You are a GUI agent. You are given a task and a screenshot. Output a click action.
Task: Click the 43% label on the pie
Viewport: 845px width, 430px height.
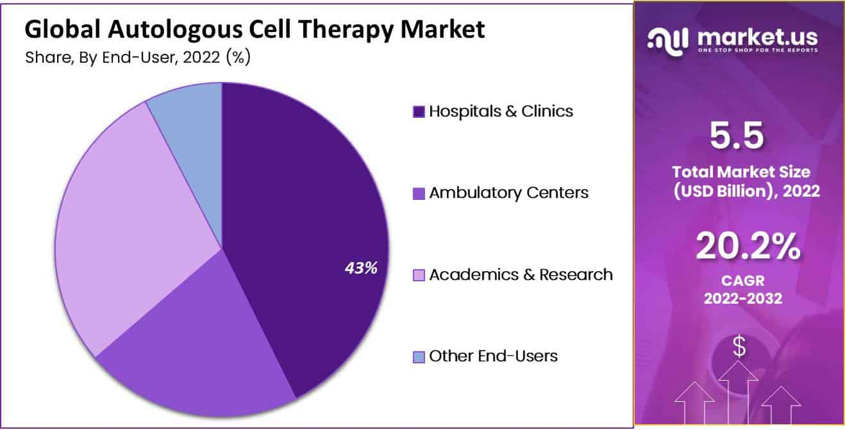point(361,268)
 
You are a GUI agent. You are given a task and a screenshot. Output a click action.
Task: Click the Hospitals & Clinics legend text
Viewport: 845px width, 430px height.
point(501,112)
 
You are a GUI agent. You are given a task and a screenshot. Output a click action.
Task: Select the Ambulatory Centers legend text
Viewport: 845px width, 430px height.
point(509,193)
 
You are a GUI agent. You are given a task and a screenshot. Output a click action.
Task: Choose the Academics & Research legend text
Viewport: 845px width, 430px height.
point(521,274)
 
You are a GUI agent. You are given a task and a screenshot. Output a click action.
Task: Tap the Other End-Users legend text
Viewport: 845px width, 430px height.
point(494,356)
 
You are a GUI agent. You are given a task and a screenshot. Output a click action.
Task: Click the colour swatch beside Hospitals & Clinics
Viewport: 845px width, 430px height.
point(419,112)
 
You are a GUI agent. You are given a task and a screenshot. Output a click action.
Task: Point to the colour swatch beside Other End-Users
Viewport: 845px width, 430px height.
point(419,357)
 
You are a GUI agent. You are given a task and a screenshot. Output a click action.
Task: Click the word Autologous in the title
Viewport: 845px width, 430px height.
point(175,29)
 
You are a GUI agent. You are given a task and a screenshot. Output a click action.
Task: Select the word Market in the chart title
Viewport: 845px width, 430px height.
point(442,29)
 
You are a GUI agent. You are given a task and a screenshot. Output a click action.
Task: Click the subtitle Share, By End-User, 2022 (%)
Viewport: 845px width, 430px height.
point(138,58)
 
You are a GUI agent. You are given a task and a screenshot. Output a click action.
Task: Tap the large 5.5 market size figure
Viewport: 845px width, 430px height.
point(737,135)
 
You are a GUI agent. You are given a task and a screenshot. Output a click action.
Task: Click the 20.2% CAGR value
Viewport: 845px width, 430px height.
point(748,246)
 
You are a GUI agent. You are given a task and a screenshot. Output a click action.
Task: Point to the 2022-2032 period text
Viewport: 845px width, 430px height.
point(743,299)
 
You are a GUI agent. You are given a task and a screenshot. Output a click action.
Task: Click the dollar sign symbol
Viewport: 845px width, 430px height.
point(739,347)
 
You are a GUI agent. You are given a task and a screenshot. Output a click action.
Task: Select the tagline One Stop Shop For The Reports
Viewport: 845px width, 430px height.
point(758,50)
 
